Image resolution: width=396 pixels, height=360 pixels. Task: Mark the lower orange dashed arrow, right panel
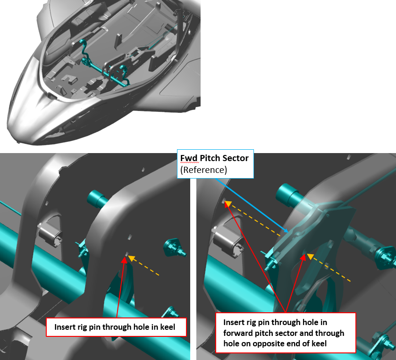pos(330,269)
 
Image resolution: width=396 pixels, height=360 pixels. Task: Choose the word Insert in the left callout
pos(65,327)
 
